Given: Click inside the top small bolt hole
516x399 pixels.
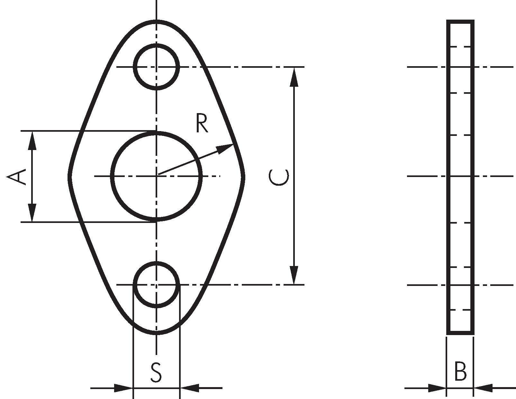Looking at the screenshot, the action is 156,67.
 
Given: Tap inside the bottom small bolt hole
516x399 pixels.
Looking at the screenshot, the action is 156,285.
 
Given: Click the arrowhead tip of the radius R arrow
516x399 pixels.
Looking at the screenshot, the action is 233,144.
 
